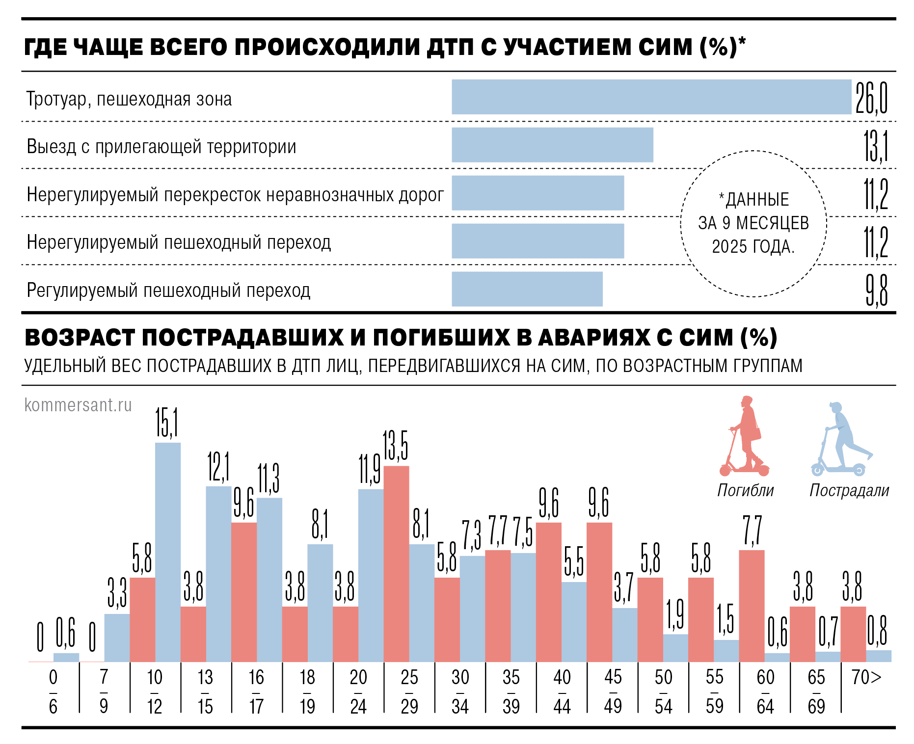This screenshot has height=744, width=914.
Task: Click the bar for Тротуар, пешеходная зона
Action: coord(651,97)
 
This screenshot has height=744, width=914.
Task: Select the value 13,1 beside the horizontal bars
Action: coord(876,146)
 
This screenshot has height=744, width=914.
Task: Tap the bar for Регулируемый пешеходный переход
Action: coord(527,289)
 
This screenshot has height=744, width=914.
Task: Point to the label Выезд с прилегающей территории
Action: coord(161,147)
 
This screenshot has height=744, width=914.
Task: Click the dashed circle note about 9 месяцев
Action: coord(753,224)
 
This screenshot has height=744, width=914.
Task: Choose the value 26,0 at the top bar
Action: coord(871,98)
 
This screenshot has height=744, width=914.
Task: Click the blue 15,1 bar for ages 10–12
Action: coord(168,552)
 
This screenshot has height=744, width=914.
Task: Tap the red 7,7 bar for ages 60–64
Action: coord(752,606)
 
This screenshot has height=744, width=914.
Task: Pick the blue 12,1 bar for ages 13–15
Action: coord(218,574)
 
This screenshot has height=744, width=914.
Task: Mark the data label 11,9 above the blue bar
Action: coord(370,470)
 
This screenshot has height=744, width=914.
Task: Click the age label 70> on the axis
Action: coord(866,678)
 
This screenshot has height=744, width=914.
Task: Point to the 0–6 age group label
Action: coord(53,691)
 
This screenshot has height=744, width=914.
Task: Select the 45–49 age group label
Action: coord(613,691)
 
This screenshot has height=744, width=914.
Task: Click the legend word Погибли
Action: coord(745,490)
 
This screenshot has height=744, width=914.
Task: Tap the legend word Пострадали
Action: coord(849,490)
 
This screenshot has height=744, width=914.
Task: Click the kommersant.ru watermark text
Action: coord(78,405)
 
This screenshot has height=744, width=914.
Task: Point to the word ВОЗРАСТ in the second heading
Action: coord(80,338)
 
